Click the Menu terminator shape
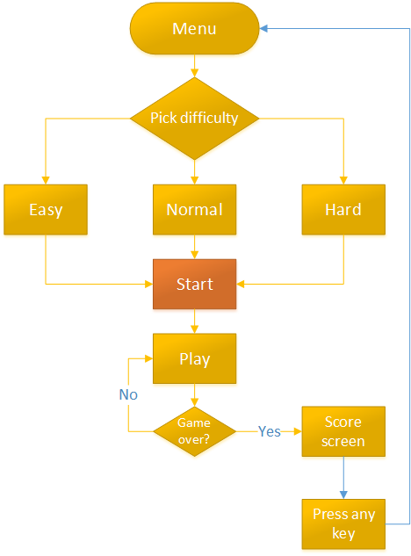(194, 29)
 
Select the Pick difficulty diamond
(194, 118)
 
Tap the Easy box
(46, 210)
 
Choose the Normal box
(194, 210)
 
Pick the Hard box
(343, 210)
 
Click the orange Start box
(194, 284)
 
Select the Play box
(194, 358)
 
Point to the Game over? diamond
(194, 431)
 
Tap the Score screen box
(343, 431)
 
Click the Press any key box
(343, 524)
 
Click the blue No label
(128, 394)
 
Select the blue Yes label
(270, 431)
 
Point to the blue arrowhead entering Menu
(263, 28)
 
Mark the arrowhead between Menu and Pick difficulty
(194, 73)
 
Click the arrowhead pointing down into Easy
(46, 180)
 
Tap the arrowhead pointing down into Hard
(343, 180)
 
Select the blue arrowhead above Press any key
(343, 495)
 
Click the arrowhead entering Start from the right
(241, 284)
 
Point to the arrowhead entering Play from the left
(148, 358)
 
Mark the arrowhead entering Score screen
(298, 431)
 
